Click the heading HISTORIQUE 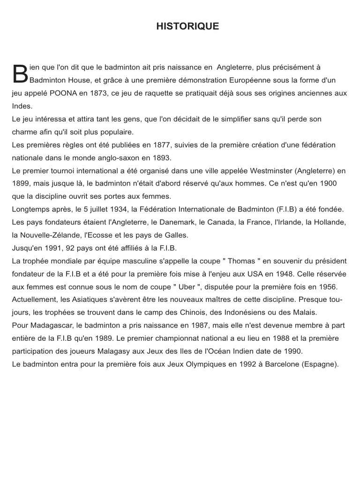click(187, 26)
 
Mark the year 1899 click(21, 183)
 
